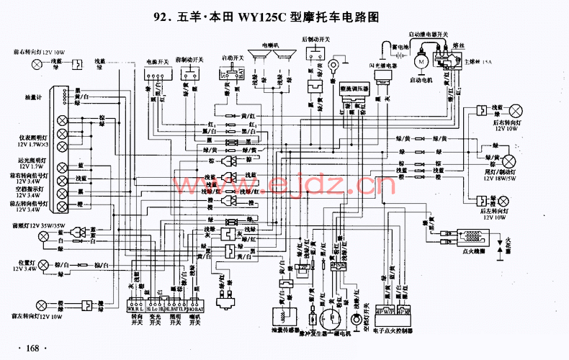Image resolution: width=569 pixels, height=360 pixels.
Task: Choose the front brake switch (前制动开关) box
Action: pyautogui.click(x=191, y=73)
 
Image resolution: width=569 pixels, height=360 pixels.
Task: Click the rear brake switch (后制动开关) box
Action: pyautogui.click(x=315, y=53)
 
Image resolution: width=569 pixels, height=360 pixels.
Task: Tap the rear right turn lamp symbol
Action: pyautogui.click(x=516, y=109)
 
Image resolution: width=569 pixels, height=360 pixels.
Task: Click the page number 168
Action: pyautogui.click(x=32, y=348)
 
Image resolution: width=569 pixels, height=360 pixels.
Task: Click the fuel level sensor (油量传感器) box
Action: pyautogui.click(x=282, y=317)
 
